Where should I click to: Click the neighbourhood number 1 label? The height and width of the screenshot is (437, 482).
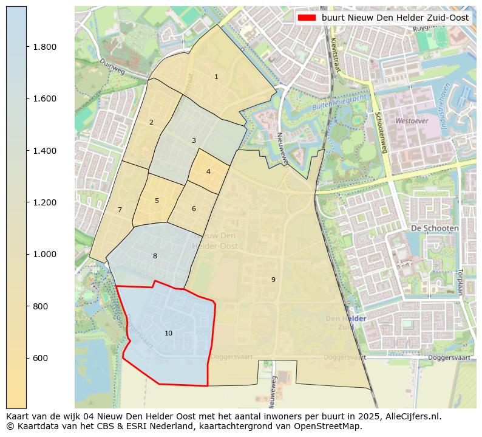click(x=216, y=77)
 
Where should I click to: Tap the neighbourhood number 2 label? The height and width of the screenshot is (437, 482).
click(x=151, y=123)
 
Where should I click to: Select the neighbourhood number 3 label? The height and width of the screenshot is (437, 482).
click(x=194, y=141)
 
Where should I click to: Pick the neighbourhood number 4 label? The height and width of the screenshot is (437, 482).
click(x=208, y=172)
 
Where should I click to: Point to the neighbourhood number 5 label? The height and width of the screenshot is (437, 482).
click(x=157, y=201)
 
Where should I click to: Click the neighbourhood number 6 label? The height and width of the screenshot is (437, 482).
click(x=194, y=209)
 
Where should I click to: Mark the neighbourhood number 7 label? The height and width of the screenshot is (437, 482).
click(x=120, y=210)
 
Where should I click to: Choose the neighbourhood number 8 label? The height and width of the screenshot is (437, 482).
click(x=155, y=256)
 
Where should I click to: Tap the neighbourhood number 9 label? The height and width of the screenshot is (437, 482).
click(x=273, y=280)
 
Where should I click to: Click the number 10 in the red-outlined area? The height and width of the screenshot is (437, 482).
click(x=168, y=334)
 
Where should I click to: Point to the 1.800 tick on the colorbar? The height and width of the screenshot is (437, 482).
click(x=44, y=47)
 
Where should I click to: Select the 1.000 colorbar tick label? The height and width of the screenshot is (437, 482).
click(x=44, y=254)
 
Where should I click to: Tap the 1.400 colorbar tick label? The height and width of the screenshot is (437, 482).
click(x=44, y=151)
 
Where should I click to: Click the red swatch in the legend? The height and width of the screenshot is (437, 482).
click(x=307, y=18)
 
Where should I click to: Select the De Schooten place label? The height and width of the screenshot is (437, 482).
click(x=435, y=228)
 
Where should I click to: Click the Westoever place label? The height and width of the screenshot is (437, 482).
click(x=412, y=121)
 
